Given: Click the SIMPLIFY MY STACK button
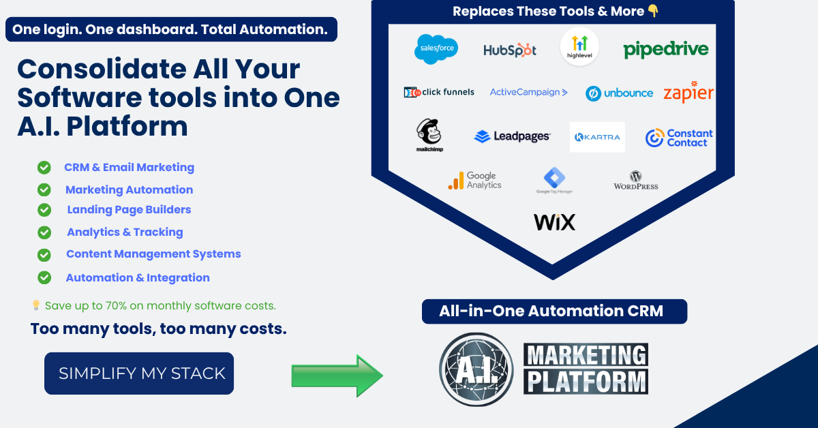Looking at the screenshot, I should tap(139, 373).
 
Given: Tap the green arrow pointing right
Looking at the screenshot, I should tap(337, 376).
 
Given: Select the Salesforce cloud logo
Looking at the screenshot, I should tap(436, 49).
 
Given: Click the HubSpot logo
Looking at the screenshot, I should tap(510, 50).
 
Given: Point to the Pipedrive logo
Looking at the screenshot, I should tap(665, 49).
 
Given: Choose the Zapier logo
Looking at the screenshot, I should tap(688, 92).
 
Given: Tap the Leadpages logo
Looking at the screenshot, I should tap(512, 137).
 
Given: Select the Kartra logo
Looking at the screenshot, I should tap(597, 137).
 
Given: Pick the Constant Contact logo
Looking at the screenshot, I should tap(679, 138).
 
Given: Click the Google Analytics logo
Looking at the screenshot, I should tap(474, 181).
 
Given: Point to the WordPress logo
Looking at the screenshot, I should tap(636, 181).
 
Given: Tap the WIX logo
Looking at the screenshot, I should tap(554, 222).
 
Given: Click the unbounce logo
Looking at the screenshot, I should tap(619, 93).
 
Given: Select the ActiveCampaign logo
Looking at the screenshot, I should tap(528, 92).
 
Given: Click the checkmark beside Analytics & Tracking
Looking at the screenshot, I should tap(44, 232).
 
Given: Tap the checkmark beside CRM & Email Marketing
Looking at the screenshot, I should tap(44, 168).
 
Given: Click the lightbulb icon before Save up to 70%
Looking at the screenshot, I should tap(36, 306).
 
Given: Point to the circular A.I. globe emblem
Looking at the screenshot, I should tap(475, 369).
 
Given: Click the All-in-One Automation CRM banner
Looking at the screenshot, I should tap(554, 311).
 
